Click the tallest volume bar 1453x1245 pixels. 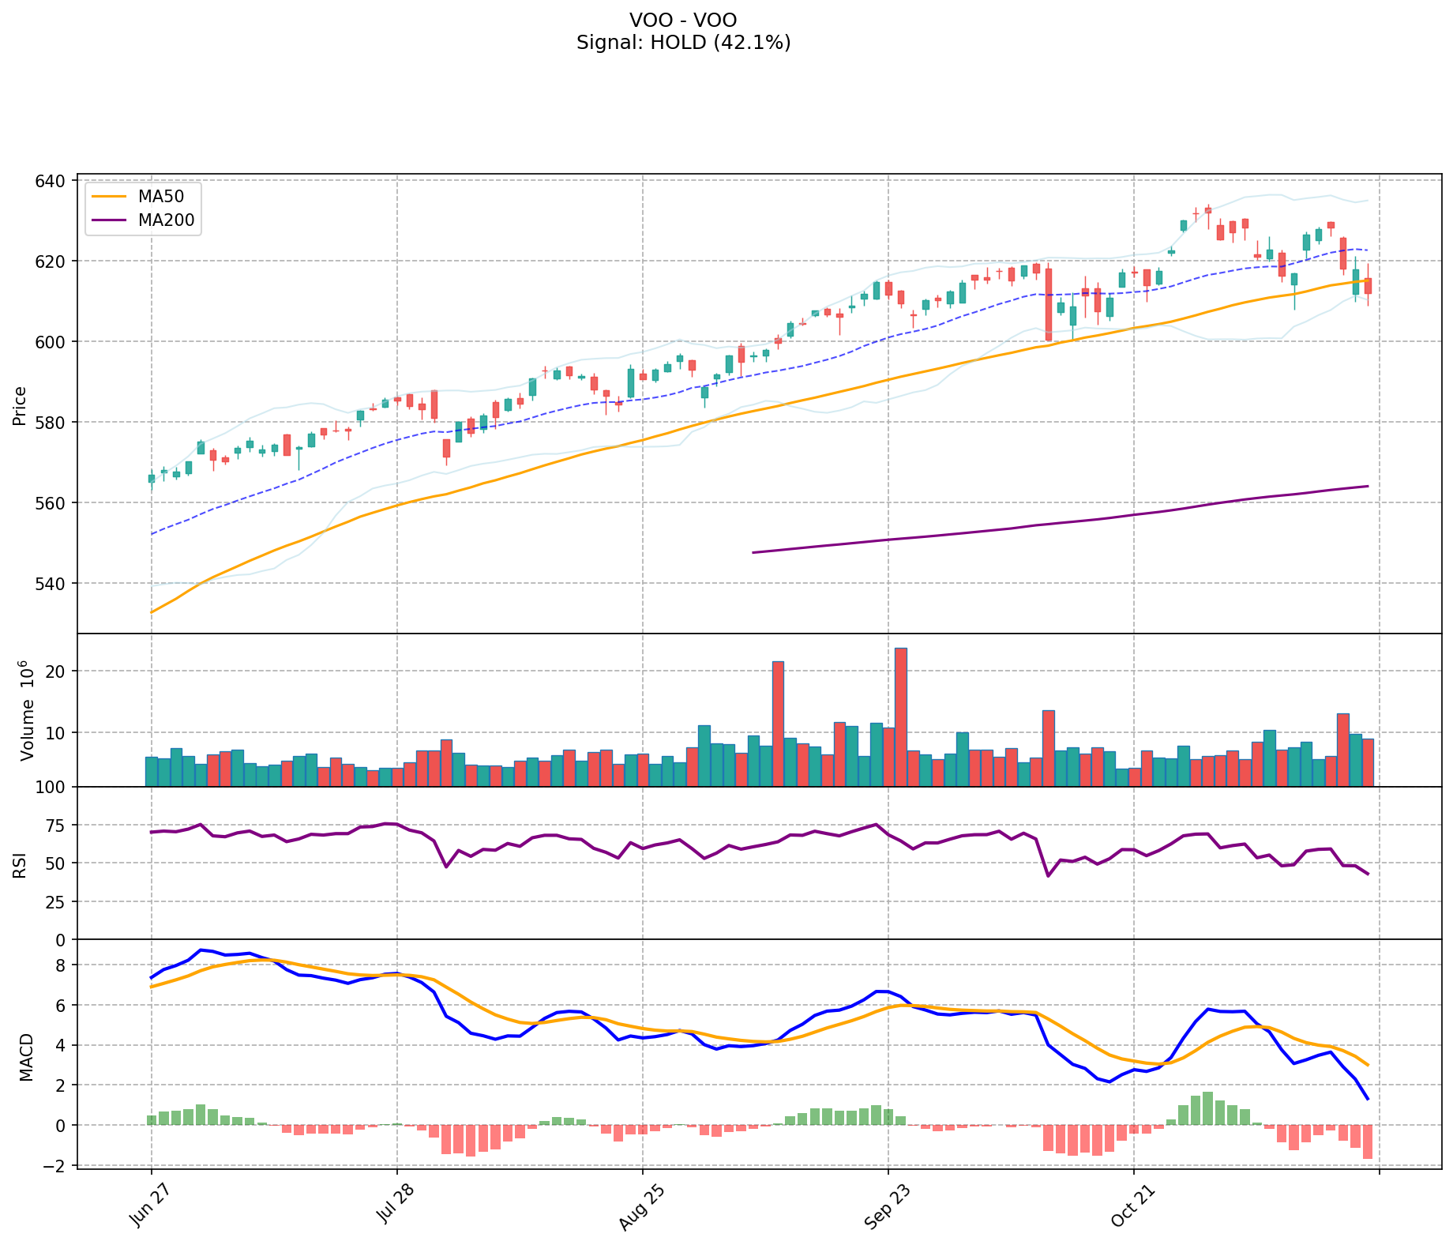901,717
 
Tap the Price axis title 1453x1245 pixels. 20,405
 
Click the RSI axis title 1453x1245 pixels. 20,864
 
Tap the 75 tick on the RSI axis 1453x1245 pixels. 57,826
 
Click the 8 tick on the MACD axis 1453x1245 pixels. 62,965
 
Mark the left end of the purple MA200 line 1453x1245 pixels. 753,552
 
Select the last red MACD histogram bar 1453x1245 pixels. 1367,1142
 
